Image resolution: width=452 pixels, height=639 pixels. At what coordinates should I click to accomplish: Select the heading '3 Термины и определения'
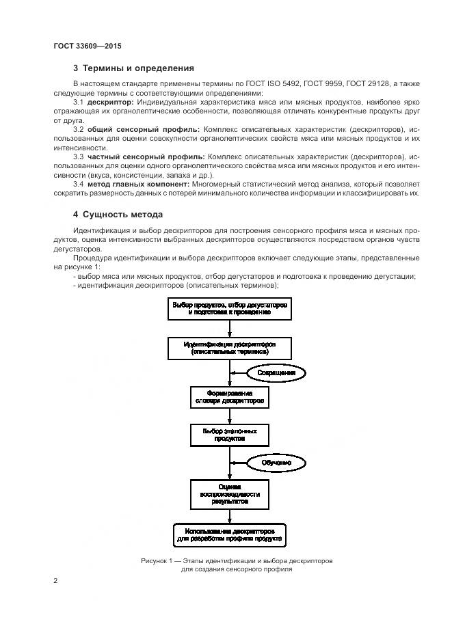(x=133, y=68)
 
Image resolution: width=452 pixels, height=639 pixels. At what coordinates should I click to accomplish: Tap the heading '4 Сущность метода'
(x=118, y=214)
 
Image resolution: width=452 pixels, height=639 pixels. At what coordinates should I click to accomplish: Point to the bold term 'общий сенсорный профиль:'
(x=144, y=129)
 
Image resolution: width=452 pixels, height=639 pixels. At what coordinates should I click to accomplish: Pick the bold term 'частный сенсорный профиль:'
(x=146, y=157)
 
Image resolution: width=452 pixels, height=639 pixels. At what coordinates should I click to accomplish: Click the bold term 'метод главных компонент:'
(x=144, y=184)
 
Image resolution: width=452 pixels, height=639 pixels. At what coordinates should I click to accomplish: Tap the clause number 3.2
(x=79, y=129)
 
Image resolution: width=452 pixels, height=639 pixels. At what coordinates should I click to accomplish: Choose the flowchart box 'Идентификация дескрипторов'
(x=230, y=348)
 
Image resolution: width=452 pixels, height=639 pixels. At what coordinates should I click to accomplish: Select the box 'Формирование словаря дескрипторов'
(x=229, y=398)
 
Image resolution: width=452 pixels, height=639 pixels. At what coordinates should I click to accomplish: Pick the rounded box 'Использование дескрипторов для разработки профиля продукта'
(x=229, y=534)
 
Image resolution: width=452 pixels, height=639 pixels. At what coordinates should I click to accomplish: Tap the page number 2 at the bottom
(x=55, y=581)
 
